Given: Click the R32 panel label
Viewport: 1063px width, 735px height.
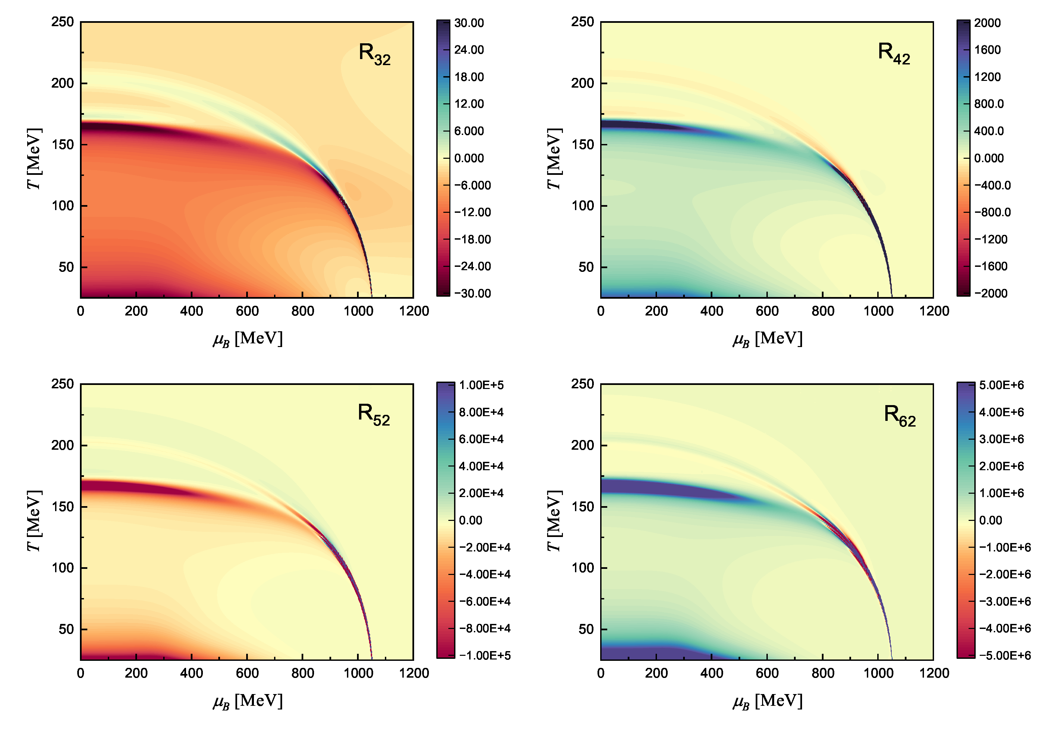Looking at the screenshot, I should [x=374, y=54].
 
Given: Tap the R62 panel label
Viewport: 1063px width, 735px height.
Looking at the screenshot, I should [x=899, y=416].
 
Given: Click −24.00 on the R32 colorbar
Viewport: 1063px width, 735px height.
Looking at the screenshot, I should [x=472, y=266].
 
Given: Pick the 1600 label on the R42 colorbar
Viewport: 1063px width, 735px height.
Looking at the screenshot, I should [x=987, y=50].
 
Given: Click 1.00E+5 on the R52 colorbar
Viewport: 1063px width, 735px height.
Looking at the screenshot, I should [x=481, y=385].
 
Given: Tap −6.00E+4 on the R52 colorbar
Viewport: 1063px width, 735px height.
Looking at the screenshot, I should [x=485, y=601].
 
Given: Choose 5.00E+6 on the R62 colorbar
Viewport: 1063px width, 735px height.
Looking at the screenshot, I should [x=1001, y=385].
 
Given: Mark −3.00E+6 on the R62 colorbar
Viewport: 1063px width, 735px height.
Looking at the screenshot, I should [x=1005, y=601].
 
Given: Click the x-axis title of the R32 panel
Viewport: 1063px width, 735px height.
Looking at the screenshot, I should [x=248, y=339].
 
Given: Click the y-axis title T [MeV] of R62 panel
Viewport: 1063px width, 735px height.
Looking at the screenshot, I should [x=554, y=521].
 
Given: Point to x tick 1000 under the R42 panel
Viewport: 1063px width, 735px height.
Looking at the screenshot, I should [x=878, y=311].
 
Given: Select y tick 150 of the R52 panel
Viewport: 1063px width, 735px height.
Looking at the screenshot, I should [x=63, y=506].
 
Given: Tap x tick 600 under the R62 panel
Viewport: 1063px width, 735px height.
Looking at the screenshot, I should [x=767, y=673].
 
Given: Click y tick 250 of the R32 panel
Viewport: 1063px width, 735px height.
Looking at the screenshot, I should [x=63, y=22].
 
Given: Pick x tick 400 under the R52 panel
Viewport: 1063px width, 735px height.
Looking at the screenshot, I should [x=191, y=673].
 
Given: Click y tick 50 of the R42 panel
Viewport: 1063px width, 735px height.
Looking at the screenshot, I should [x=586, y=267].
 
